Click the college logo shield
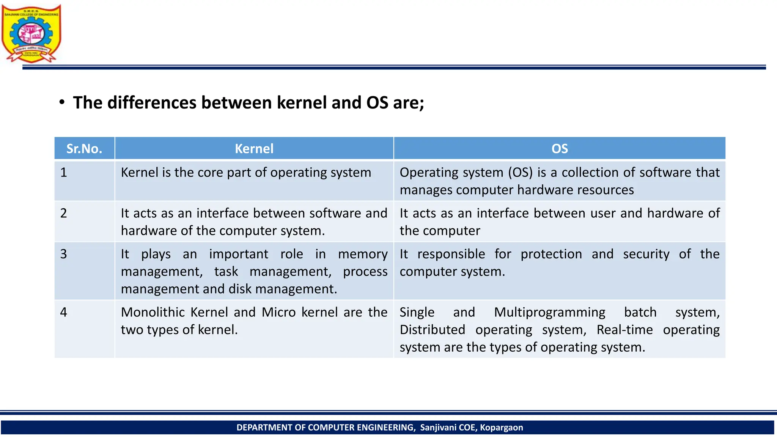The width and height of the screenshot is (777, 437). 31,33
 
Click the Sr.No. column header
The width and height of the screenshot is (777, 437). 84,148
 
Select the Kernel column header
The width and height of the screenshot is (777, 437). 254,148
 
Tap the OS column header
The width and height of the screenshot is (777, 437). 560,148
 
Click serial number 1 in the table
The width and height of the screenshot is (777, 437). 64,173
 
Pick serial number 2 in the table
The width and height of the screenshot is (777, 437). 64,213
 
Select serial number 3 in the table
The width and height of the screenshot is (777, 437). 64,254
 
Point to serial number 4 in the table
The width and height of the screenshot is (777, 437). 64,312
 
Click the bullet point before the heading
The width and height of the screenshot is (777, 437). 62,102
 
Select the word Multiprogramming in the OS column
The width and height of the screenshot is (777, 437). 549,312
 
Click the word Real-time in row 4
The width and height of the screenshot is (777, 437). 624,330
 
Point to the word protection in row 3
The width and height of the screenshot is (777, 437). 551,254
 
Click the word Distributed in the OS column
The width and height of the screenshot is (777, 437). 432,330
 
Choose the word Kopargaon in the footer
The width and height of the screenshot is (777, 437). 501,428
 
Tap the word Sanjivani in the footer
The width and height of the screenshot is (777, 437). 438,428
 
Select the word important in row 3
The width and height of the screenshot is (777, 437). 238,254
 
